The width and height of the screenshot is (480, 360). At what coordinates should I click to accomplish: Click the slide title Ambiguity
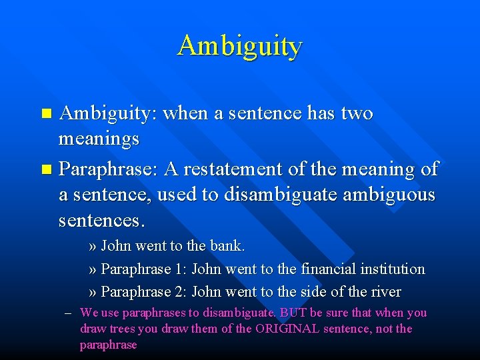(x=240, y=46)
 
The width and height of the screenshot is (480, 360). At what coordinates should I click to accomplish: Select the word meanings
(x=99, y=139)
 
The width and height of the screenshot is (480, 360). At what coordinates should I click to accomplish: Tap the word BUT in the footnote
(x=293, y=313)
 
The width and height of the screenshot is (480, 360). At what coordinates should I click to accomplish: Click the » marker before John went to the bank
(x=93, y=246)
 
